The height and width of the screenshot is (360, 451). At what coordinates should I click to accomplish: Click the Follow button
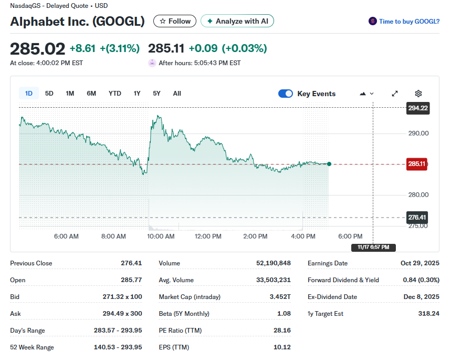pos(175,21)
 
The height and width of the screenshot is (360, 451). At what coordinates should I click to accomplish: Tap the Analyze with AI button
pos(237,21)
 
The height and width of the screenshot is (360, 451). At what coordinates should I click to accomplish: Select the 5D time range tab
pos(49,94)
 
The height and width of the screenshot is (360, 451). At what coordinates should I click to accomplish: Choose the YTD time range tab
pos(114,94)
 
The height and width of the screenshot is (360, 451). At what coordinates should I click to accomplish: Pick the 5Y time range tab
pos(156,94)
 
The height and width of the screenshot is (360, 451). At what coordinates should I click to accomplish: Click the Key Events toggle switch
pos(286,94)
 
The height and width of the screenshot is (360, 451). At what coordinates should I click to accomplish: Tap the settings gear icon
pos(418,94)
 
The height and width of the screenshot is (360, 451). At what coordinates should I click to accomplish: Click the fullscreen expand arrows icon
pos(395,94)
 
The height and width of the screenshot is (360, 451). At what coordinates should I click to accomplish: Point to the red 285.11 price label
pos(417,164)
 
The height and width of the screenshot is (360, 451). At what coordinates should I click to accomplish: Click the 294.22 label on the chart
pos(418,108)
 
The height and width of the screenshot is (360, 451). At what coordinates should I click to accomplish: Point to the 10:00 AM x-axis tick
pos(161,236)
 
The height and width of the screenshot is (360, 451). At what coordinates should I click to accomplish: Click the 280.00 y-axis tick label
pos(418,195)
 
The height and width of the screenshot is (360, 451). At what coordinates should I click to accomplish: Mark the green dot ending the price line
pos(329,164)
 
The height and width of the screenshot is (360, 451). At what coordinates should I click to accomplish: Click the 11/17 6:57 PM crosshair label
pos(373,247)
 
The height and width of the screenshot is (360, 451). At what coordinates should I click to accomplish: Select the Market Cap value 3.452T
pos(279,297)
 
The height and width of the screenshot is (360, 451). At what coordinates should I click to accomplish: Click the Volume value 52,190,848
pos(273,263)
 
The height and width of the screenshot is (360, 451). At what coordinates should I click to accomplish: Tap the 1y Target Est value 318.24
pos(428,314)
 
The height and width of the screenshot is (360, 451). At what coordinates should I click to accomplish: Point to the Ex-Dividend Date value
pos(420,297)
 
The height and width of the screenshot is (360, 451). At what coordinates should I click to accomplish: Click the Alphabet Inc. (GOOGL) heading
pos(77,22)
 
